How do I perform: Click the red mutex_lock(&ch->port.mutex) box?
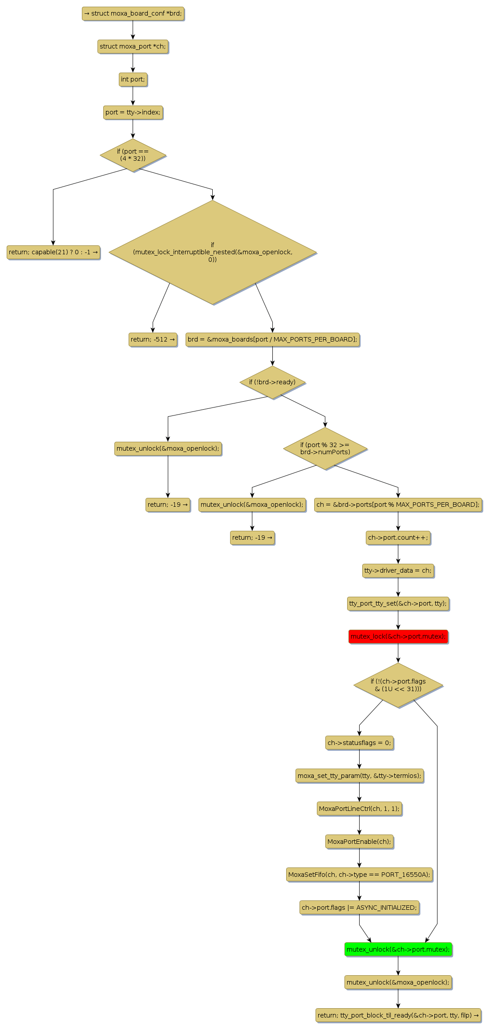398,636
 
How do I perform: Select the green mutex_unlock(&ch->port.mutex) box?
398,949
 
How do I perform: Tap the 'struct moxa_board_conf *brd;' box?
133,13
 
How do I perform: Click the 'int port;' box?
133,79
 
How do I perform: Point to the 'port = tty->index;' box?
133,112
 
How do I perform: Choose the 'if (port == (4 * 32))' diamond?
133,155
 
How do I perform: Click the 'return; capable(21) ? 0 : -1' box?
53,252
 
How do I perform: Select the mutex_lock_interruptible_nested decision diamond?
212,252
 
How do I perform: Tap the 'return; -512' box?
153,339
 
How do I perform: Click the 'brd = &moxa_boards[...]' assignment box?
272,339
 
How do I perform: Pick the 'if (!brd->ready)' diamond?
272,382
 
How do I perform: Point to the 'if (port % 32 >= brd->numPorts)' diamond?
325,448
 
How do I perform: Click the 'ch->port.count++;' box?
398,537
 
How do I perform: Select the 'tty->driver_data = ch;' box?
398,570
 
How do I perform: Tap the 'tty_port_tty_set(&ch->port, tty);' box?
398,603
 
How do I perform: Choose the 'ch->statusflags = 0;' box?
359,742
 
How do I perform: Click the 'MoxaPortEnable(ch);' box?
359,841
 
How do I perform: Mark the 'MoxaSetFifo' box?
359,874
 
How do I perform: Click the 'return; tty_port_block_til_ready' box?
398,1015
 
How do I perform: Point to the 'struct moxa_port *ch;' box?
133,46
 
